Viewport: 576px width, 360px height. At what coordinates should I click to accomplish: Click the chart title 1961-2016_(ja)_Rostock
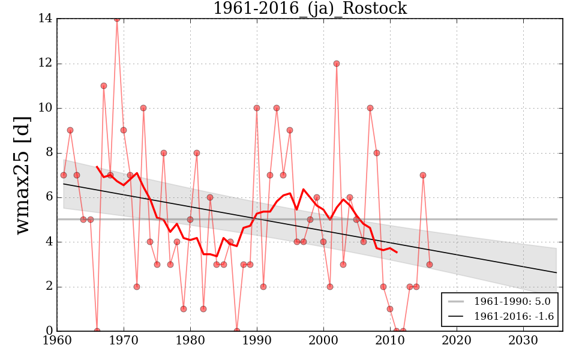tap(310, 8)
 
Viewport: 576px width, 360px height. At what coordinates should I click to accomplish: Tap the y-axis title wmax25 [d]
tap(22, 175)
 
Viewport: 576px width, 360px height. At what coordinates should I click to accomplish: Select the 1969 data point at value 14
tap(117, 19)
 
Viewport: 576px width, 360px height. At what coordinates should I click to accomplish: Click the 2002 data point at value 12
tap(337, 64)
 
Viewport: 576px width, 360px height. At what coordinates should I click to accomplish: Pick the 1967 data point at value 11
tap(104, 86)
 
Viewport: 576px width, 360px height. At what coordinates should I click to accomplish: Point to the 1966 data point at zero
tap(97, 331)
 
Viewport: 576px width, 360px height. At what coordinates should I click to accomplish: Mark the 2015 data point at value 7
tap(423, 175)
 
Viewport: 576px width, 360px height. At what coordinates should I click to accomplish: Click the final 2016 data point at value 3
tap(430, 264)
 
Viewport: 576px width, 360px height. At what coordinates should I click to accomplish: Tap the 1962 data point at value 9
tap(70, 130)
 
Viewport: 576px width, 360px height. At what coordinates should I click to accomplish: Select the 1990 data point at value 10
tap(257, 108)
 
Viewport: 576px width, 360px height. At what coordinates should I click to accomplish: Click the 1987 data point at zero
tap(237, 331)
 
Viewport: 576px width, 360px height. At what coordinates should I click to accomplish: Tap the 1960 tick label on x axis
tap(58, 341)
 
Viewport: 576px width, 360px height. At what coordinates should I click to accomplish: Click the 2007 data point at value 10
tap(370, 108)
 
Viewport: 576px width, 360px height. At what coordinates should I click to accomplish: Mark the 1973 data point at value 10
tap(143, 108)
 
